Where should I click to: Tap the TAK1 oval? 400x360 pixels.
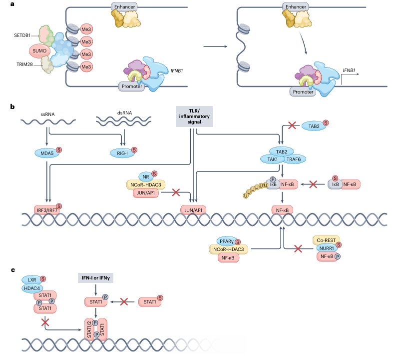click(272, 159)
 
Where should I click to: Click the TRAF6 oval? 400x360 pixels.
click(295, 159)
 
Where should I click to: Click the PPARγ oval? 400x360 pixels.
click(226, 242)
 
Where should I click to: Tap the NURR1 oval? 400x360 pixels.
click(327, 248)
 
